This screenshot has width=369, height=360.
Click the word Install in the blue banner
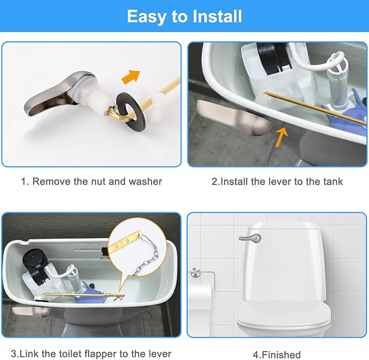[x=217, y=16]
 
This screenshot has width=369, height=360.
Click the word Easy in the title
[x=147, y=17]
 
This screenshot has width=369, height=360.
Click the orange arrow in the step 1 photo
[x=130, y=77]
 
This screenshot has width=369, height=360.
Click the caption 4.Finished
[x=277, y=355]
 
